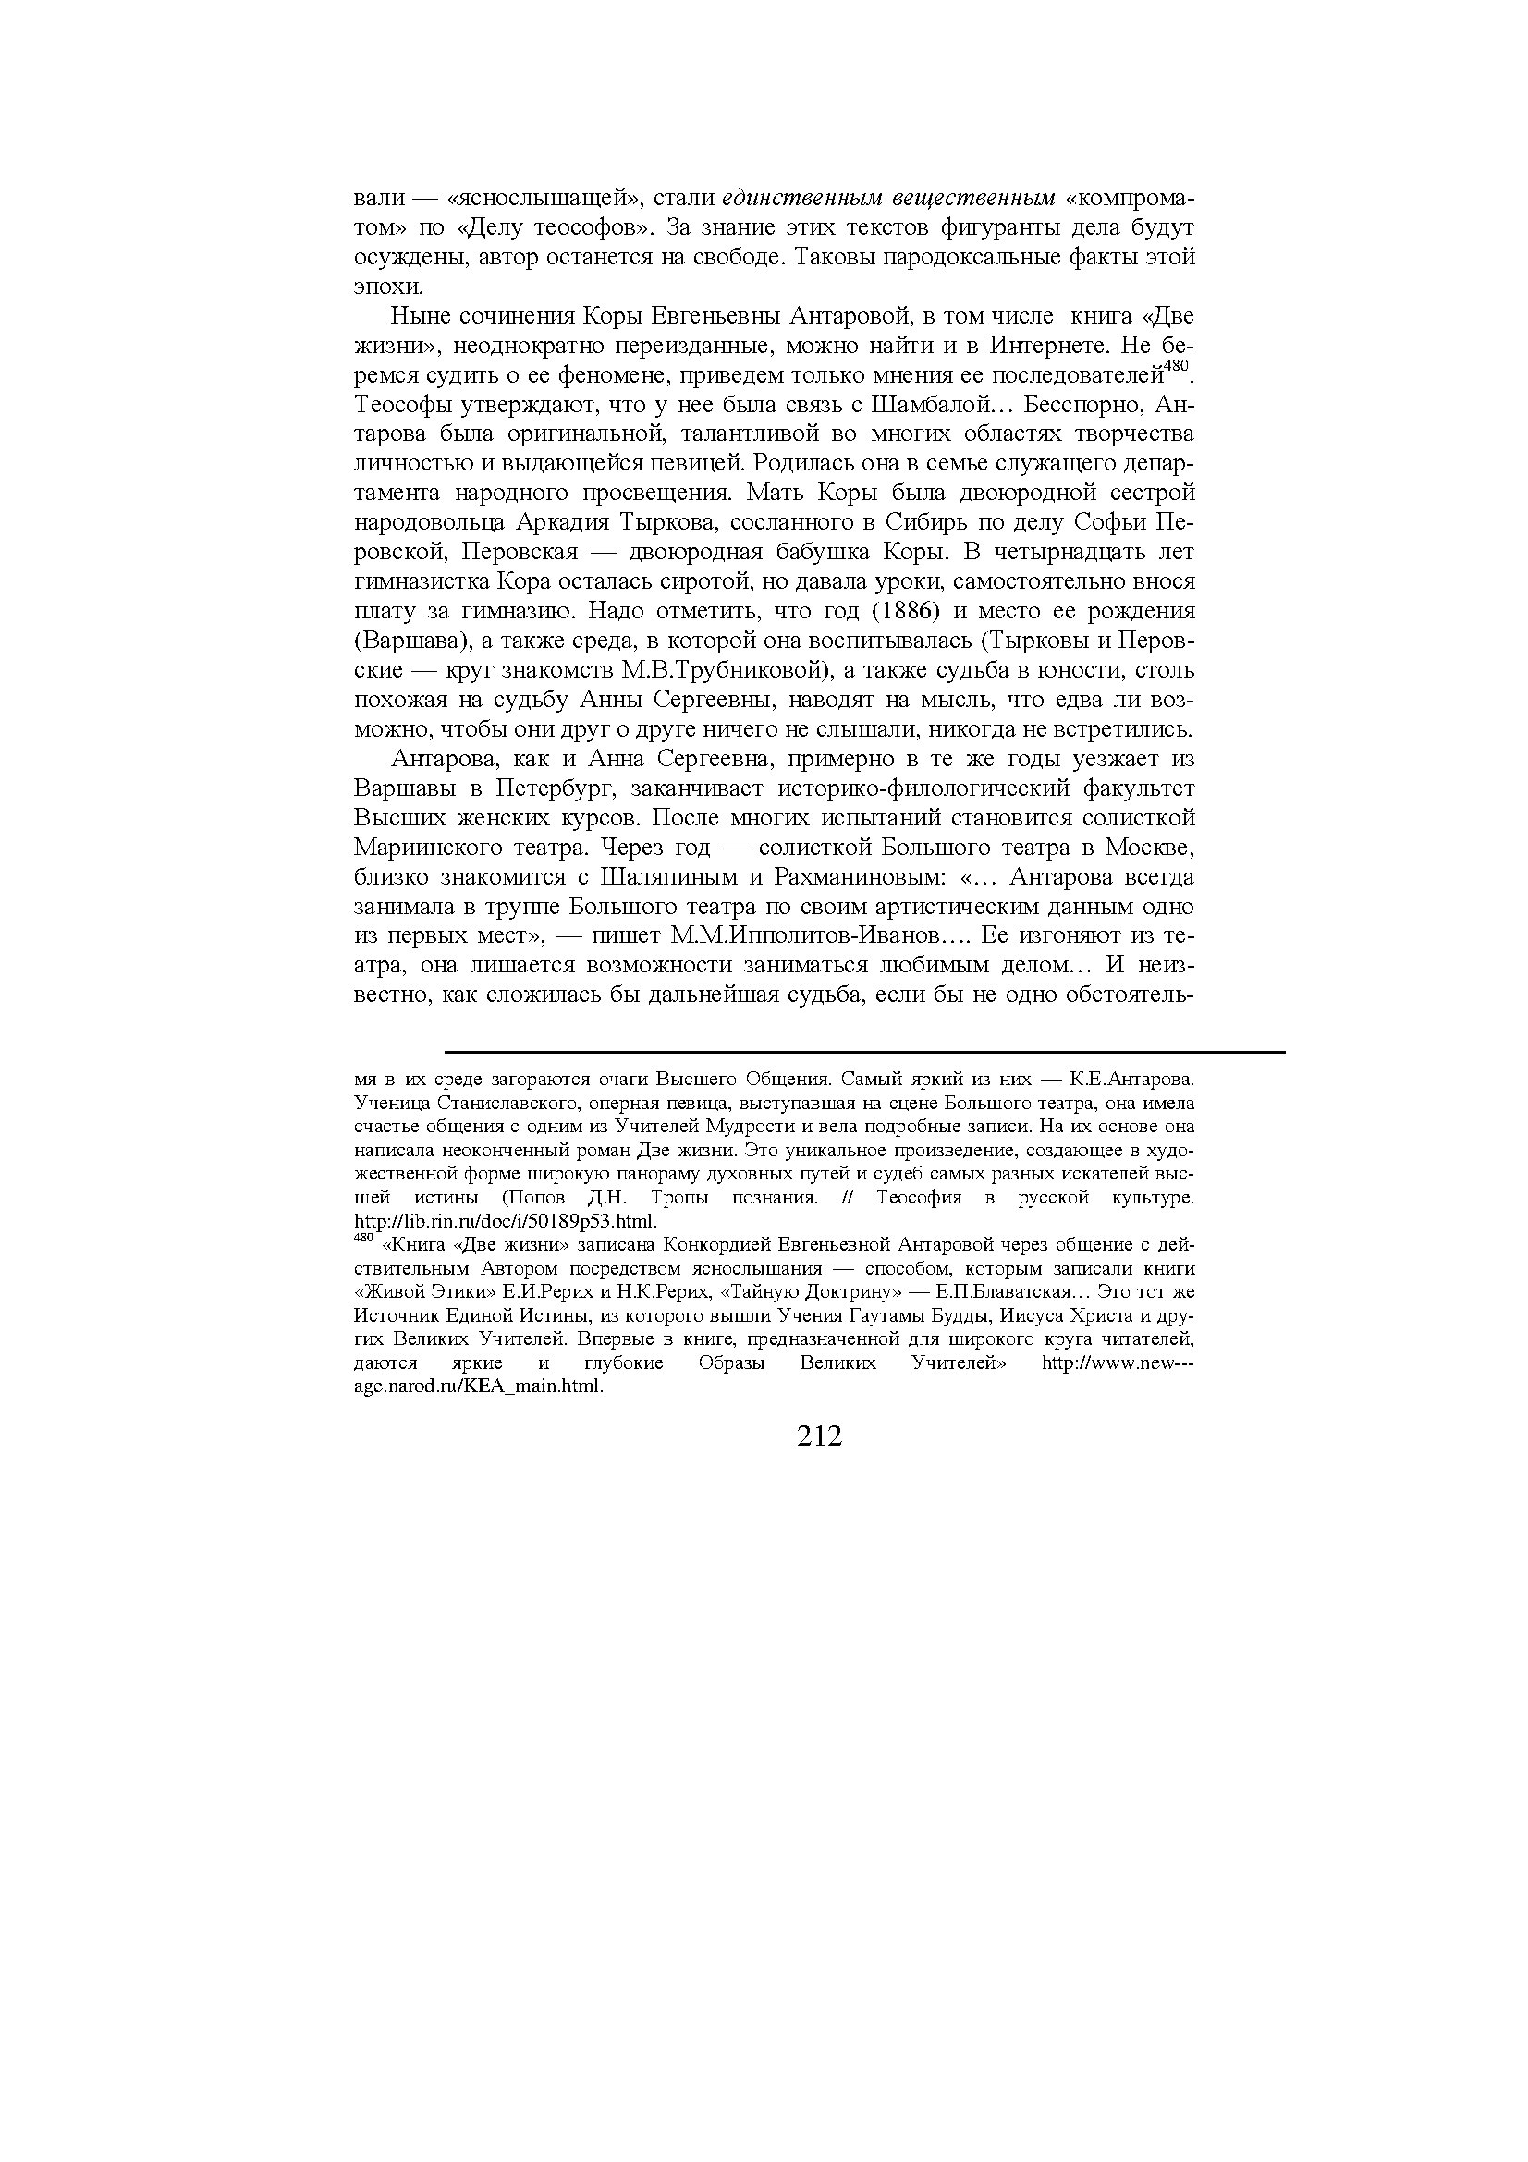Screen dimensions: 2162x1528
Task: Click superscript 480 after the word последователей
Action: coord(1176,366)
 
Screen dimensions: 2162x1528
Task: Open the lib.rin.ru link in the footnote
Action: coord(504,1222)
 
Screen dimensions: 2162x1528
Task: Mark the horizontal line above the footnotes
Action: coord(864,1052)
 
